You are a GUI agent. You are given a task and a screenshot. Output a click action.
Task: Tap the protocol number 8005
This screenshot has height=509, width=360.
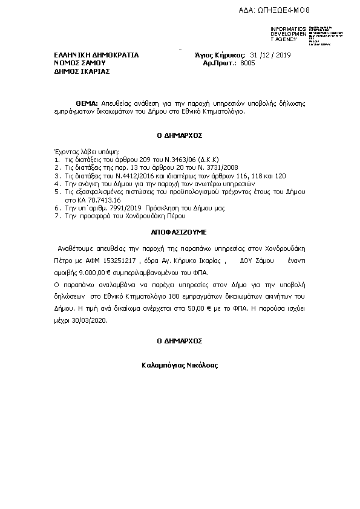(x=248, y=62)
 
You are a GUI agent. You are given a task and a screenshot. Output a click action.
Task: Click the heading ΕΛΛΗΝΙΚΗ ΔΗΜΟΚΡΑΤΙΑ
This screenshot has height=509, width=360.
(x=96, y=55)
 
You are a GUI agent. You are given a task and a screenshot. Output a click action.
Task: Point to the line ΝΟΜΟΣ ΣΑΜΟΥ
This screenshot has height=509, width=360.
(x=80, y=62)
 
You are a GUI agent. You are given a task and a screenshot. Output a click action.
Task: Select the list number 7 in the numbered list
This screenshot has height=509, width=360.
(x=56, y=215)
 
